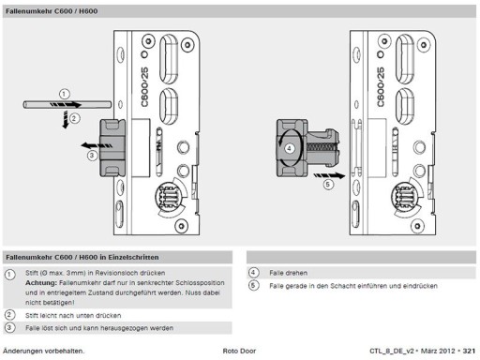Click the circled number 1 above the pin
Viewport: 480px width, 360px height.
64,94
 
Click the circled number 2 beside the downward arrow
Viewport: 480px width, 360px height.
74,118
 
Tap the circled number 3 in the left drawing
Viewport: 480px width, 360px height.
92,156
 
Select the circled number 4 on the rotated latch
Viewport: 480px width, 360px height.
289,148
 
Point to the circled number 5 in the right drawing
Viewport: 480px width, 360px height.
328,185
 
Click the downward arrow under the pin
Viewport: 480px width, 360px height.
65,119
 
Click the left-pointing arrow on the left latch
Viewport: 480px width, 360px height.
97,145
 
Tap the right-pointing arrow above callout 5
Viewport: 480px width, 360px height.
329,176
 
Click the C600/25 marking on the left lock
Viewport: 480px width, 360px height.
144,87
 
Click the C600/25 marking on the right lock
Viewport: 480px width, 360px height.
381,87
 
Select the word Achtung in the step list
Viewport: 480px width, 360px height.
41,283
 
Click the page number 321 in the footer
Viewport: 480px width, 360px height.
469,351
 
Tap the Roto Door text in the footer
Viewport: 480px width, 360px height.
239,351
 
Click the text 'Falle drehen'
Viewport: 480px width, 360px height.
288,273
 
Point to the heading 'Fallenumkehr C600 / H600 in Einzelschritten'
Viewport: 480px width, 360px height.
82,257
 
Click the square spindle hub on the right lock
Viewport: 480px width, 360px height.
405,197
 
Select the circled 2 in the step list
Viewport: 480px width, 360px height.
9,315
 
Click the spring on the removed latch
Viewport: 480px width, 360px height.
321,147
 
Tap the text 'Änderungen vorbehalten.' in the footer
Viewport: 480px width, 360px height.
43,351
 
